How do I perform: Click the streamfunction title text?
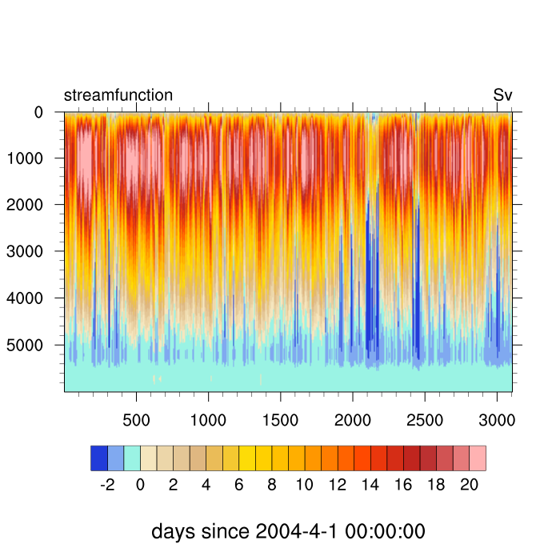point(118,95)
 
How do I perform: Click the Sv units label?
point(502,95)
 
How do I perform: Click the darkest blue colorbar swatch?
point(99,458)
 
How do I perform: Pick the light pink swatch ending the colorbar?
point(478,458)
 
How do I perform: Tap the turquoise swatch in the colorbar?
point(132,458)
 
